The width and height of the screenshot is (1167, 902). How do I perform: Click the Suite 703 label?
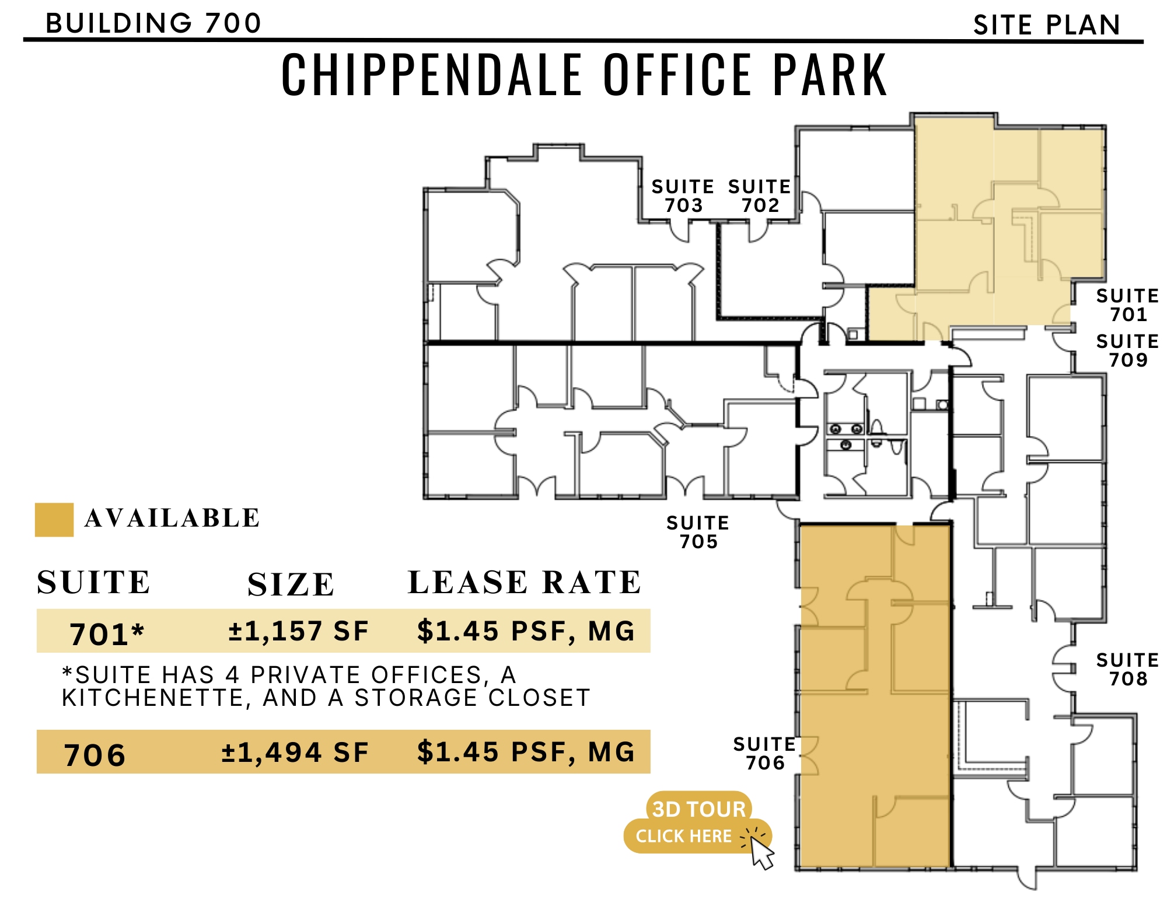683,196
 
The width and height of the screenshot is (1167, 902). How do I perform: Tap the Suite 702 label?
759,196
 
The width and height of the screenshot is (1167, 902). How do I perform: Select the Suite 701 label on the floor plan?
1127,305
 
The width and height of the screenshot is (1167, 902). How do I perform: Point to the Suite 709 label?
1127,350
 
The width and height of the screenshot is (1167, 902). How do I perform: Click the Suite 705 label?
698,532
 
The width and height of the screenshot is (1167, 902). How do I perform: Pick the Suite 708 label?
1127,669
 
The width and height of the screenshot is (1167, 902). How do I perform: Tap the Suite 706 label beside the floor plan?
764,753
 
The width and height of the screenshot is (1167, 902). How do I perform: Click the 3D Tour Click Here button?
697,823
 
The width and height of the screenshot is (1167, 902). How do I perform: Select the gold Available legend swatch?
54,520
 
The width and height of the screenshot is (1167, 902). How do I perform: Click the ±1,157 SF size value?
299,631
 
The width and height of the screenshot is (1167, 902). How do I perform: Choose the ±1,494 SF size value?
295,752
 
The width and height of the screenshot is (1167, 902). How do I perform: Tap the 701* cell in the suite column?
107,634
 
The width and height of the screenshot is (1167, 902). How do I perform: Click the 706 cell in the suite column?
95,754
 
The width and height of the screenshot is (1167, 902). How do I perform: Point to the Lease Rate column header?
524,582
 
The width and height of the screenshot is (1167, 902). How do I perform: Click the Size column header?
291,584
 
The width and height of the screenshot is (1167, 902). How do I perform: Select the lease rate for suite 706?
526,752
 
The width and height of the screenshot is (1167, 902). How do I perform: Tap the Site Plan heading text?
1047,25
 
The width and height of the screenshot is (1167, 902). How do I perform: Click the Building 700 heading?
153,23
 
